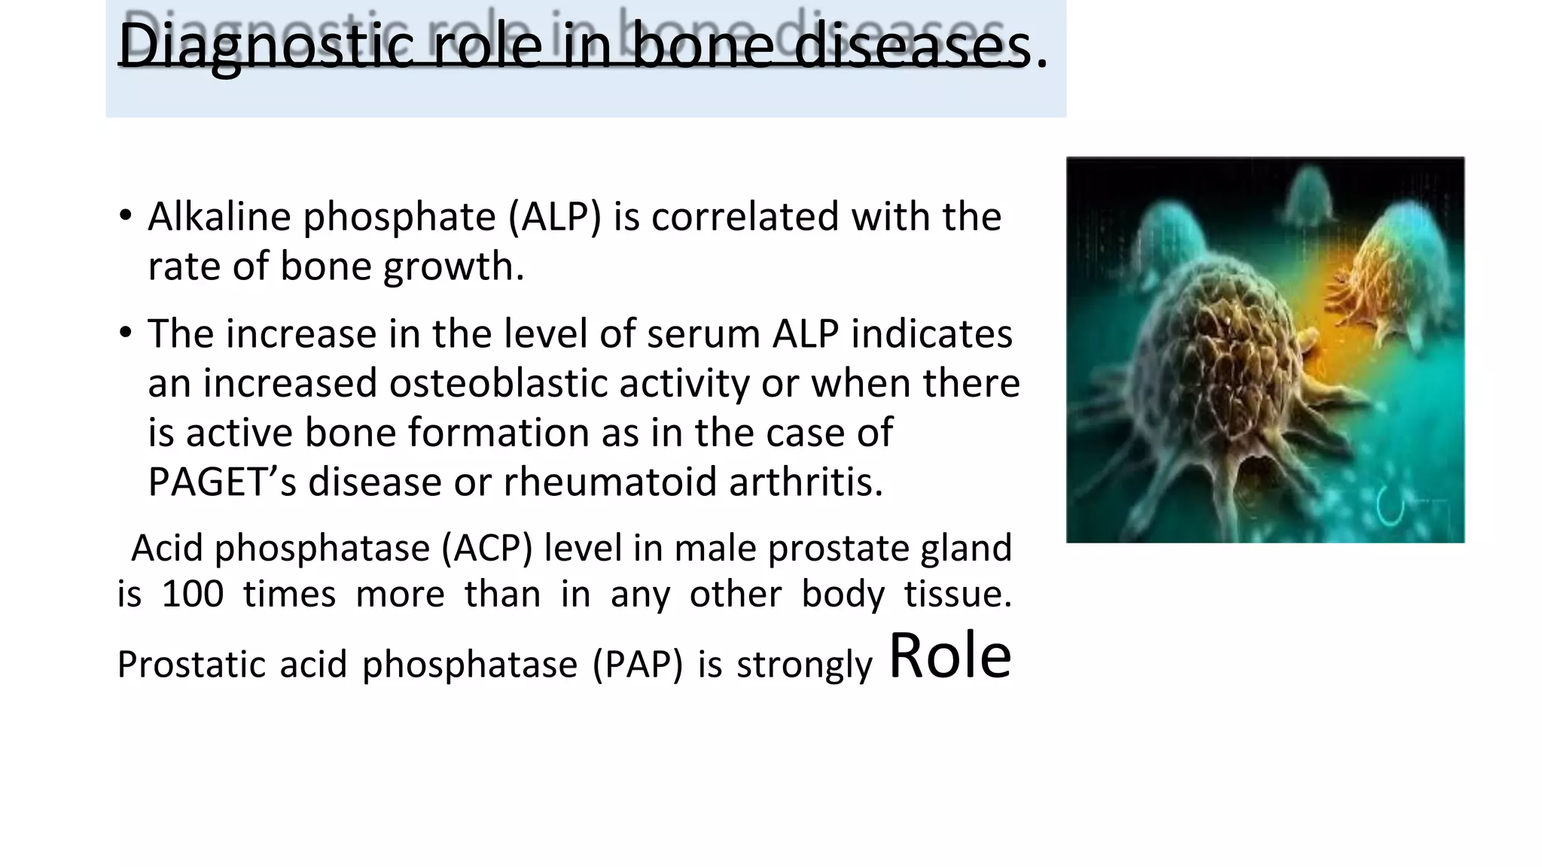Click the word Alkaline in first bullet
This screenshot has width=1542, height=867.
pos(219,217)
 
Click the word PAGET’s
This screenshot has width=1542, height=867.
pos(222,482)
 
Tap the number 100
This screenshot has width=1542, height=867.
pos(193,594)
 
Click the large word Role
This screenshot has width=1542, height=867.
pos(950,656)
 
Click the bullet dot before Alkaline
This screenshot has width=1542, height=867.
pos(126,216)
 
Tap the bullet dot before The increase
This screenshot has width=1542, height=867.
pos(126,333)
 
